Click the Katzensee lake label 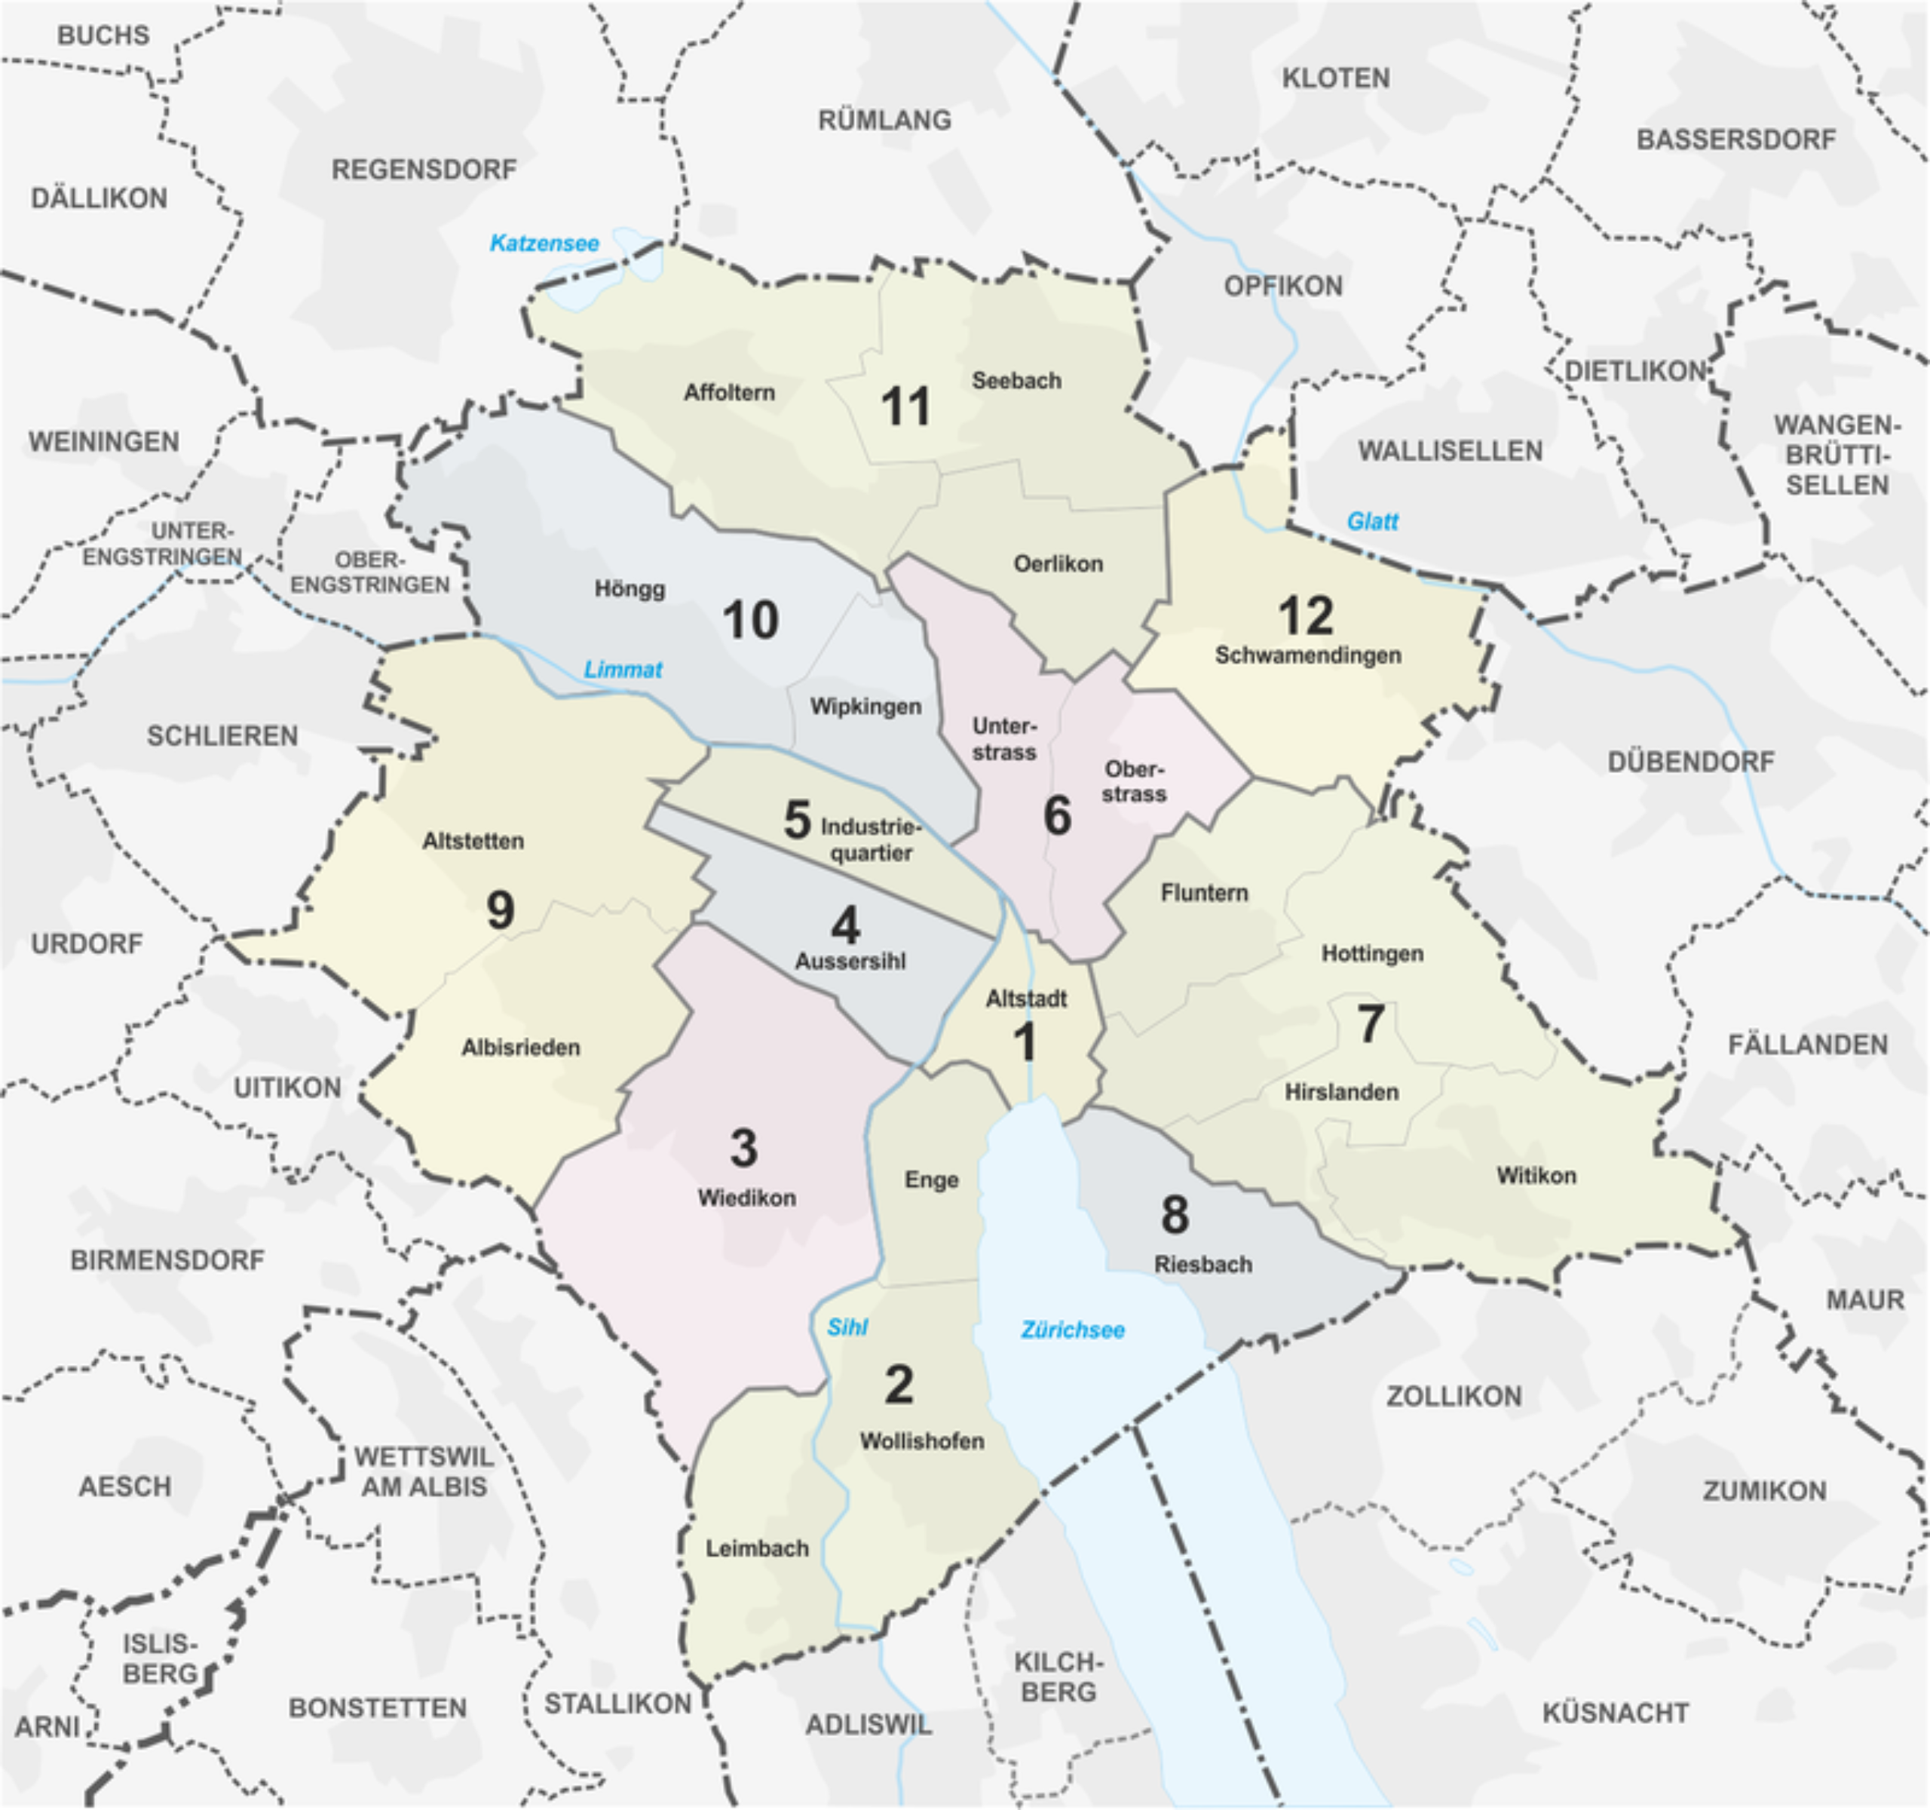click(544, 243)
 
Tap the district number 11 click(905, 406)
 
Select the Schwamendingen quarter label click(1308, 655)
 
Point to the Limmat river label click(622, 669)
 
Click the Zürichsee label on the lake click(1073, 1330)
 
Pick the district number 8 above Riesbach click(1175, 1215)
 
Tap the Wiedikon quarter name click(746, 1198)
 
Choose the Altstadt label click(1026, 999)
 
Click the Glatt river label click(1372, 521)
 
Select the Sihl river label click(847, 1327)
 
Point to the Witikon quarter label click(1536, 1176)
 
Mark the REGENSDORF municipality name click(424, 170)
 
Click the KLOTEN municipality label click(1336, 78)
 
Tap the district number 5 click(797, 821)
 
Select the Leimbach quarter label click(756, 1549)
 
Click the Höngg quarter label click(630, 588)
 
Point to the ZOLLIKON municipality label click(1454, 1397)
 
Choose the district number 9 click(500, 910)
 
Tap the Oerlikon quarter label click(1058, 564)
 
